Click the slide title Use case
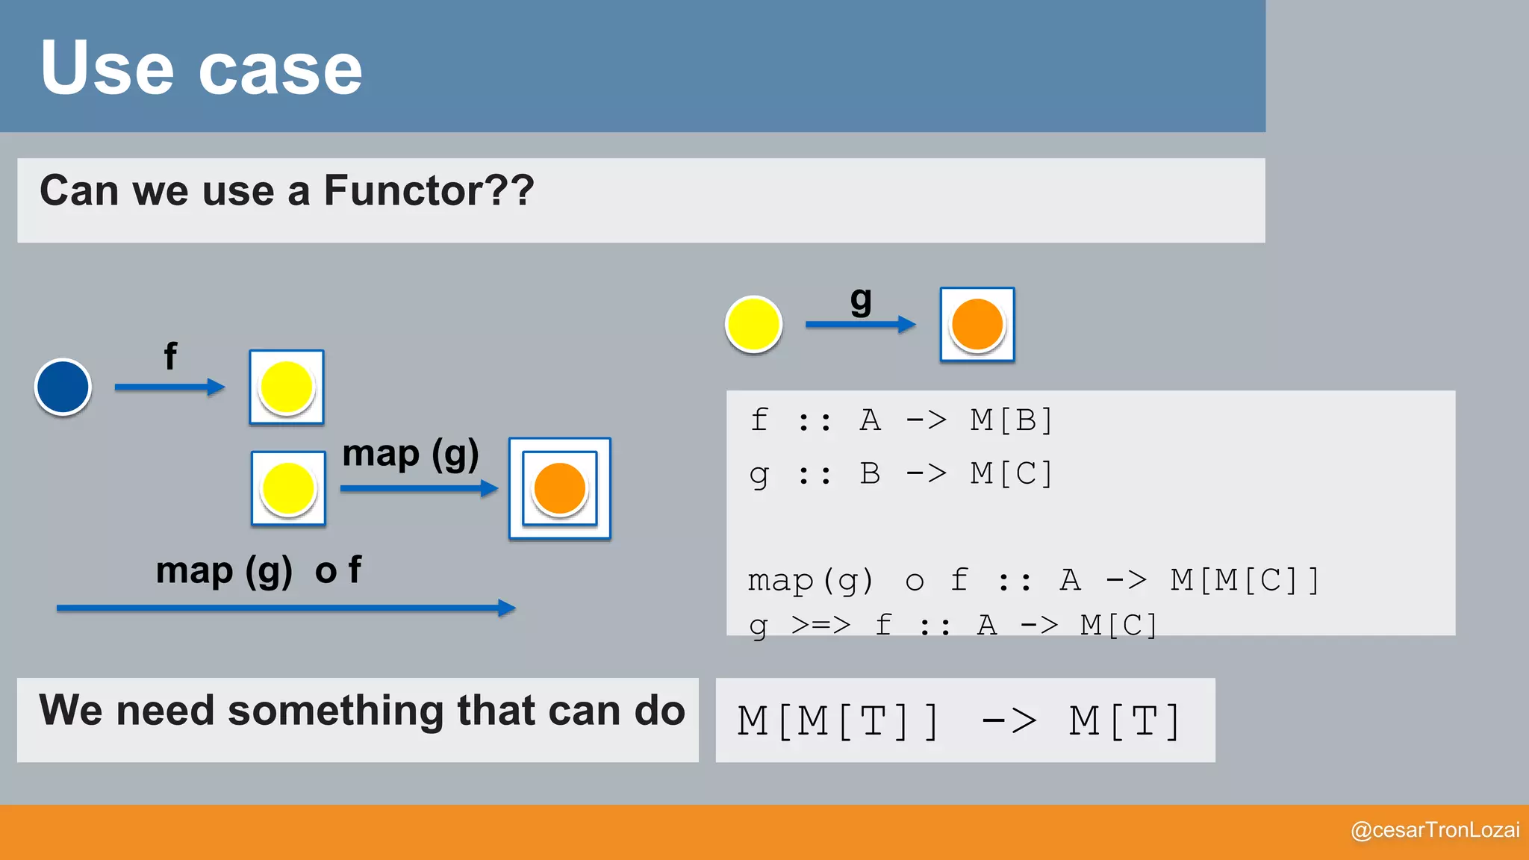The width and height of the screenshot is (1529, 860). (x=202, y=69)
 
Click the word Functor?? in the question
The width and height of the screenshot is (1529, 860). (x=429, y=191)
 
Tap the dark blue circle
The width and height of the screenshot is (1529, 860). (x=63, y=387)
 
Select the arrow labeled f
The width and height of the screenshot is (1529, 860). (x=169, y=387)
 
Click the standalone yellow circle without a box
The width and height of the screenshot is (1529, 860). (x=753, y=324)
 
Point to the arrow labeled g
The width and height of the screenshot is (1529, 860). (x=860, y=324)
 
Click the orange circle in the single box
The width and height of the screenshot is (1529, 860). (x=977, y=324)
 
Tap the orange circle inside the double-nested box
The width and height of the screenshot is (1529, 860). (x=559, y=488)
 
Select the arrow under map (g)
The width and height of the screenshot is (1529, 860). (x=418, y=488)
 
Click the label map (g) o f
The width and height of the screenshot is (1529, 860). (x=258, y=571)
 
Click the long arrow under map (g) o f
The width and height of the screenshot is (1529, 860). (x=285, y=608)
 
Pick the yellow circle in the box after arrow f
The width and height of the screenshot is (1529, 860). (x=286, y=387)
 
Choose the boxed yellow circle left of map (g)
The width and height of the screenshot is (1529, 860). (x=288, y=488)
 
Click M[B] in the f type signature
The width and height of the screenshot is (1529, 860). (x=1011, y=420)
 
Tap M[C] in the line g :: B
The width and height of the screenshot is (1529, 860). (x=1011, y=473)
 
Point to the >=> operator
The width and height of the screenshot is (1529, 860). (x=820, y=624)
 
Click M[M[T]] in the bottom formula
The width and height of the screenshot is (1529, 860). (x=838, y=722)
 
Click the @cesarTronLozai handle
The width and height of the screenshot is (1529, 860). (x=1435, y=830)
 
